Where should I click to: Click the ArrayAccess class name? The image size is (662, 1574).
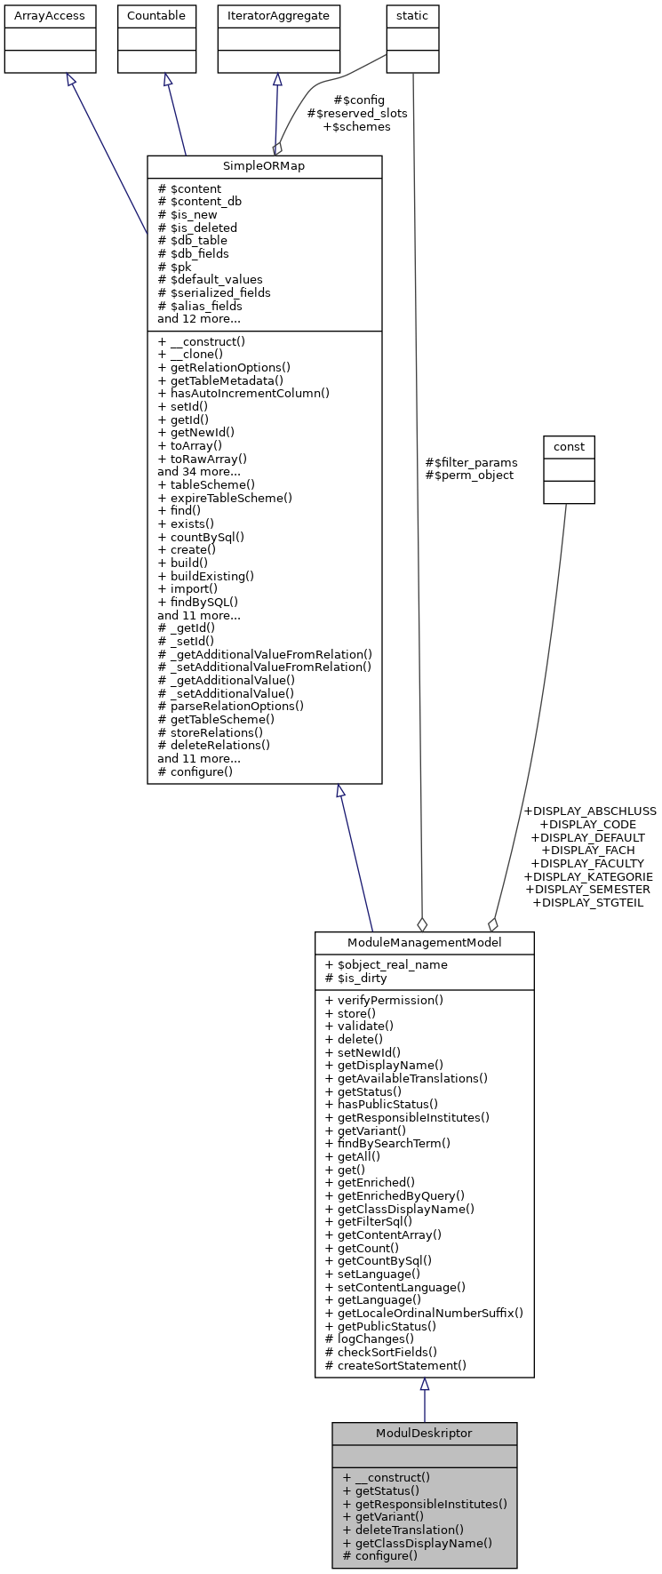click(50, 16)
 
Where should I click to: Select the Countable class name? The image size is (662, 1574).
click(156, 16)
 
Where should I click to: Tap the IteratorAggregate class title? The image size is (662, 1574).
click(278, 16)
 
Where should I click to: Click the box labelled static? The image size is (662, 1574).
click(412, 16)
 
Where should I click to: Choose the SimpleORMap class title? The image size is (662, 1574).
click(264, 167)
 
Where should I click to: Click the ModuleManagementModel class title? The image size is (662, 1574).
click(424, 943)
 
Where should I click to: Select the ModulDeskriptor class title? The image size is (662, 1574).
click(424, 1434)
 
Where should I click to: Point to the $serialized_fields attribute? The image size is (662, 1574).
click(214, 292)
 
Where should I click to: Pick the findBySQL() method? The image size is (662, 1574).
click(198, 602)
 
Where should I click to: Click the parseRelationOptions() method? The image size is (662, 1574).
click(231, 707)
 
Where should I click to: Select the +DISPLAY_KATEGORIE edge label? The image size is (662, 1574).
click(587, 876)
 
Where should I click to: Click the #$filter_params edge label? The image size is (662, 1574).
click(471, 462)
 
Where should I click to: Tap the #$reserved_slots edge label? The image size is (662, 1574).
click(357, 114)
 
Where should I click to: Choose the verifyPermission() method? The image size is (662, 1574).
click(384, 1000)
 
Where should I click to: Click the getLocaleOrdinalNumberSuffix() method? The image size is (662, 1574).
click(424, 1313)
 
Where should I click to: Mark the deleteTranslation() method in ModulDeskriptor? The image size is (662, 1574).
click(403, 1530)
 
